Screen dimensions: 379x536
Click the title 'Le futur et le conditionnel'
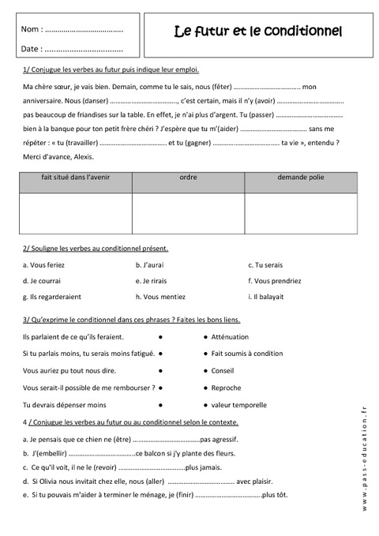pos(257,32)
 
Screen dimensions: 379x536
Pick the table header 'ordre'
pos(188,178)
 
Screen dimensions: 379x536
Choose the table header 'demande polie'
pos(300,178)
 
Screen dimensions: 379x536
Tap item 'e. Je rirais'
pos(156,280)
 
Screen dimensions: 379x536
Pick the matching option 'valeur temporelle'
pos(238,404)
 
